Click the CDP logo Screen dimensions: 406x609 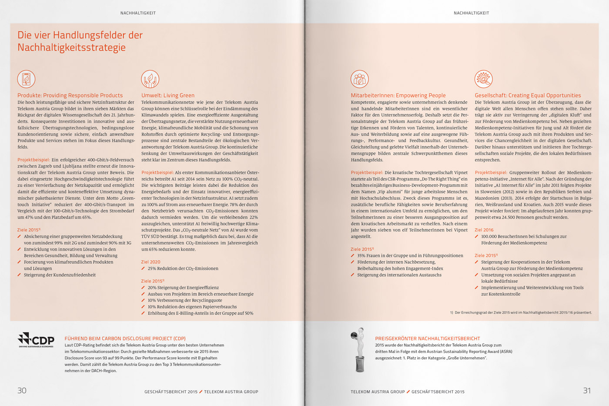[x=36, y=339]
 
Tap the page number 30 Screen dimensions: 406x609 [x=22, y=390]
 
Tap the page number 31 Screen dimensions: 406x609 [x=587, y=390]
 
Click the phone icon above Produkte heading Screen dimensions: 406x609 [x=26, y=79]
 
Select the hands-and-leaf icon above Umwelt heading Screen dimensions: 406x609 [x=150, y=79]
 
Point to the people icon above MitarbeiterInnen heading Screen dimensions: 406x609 [x=360, y=79]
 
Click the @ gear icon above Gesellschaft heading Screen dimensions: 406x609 [x=483, y=79]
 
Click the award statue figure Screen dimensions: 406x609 [x=359, y=350]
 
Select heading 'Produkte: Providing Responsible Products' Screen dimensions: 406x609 [x=70, y=95]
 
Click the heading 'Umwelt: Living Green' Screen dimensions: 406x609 [x=168, y=95]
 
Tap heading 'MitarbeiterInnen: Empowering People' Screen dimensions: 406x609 [x=398, y=95]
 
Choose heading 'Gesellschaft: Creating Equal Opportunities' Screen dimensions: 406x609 [x=528, y=95]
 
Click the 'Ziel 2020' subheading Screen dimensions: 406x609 [x=151, y=262]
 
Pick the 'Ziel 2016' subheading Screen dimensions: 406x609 [x=484, y=230]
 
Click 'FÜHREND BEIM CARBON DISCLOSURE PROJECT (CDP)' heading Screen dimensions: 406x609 [x=125, y=338]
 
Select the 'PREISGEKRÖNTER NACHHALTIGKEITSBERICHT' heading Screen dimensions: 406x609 [x=428, y=338]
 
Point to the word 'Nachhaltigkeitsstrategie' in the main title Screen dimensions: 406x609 [x=71, y=47]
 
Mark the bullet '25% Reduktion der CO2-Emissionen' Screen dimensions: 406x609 [x=183, y=268]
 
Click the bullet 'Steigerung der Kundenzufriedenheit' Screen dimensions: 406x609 [x=60, y=275]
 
